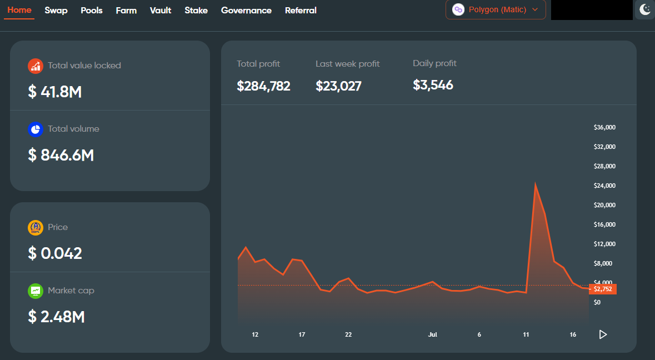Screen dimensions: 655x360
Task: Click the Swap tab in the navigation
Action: tap(56, 11)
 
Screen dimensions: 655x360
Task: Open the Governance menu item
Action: tap(246, 11)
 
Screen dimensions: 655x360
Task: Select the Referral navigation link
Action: tap(301, 11)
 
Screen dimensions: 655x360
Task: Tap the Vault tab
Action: tap(161, 11)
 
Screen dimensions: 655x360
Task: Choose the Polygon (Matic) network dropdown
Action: tap(496, 9)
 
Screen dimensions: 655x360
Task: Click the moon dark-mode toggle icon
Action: tap(644, 9)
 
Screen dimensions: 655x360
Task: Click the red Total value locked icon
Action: tap(36, 66)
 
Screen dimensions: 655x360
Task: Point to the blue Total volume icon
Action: tap(36, 129)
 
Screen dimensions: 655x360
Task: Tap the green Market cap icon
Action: tap(36, 291)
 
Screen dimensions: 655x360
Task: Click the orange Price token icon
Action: tap(36, 228)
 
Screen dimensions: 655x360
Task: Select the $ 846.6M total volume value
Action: tap(61, 156)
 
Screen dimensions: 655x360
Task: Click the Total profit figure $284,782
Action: tap(263, 86)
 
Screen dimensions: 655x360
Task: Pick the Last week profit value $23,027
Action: tap(338, 86)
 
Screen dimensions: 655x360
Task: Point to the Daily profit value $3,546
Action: tap(433, 85)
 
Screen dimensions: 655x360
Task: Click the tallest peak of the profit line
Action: tap(535, 183)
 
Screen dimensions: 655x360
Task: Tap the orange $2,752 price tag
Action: tap(603, 289)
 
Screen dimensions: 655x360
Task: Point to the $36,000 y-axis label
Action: tap(604, 127)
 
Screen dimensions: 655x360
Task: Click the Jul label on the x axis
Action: tap(433, 334)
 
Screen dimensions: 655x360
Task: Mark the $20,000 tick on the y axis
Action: tap(604, 205)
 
